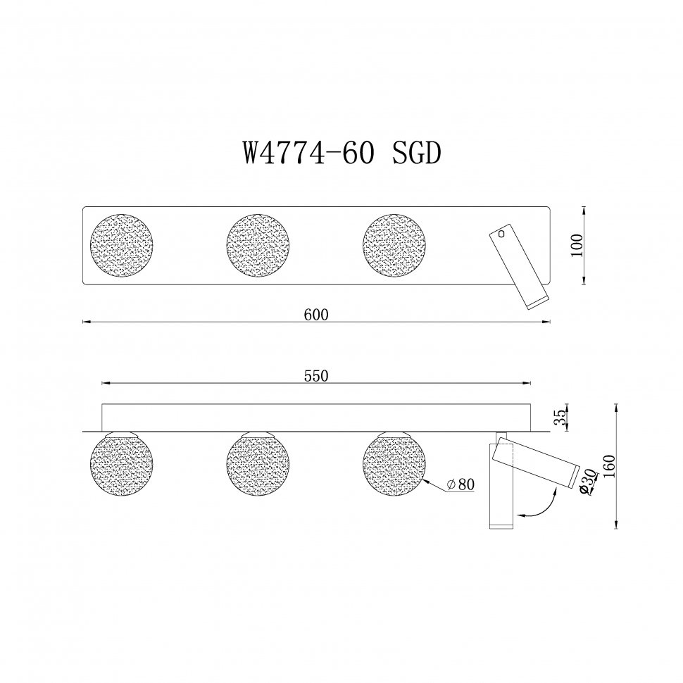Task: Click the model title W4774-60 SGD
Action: (341, 152)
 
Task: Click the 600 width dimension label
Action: (317, 315)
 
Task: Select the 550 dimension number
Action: (317, 376)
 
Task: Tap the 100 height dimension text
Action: (577, 246)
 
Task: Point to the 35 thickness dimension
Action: (560, 418)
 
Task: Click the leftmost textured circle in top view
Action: (122, 246)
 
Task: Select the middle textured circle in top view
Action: (258, 246)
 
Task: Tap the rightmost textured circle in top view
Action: (394, 246)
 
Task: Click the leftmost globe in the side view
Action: (122, 465)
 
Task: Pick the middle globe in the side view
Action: (258, 465)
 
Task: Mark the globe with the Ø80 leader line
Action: (394, 465)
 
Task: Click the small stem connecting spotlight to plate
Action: (501, 434)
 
